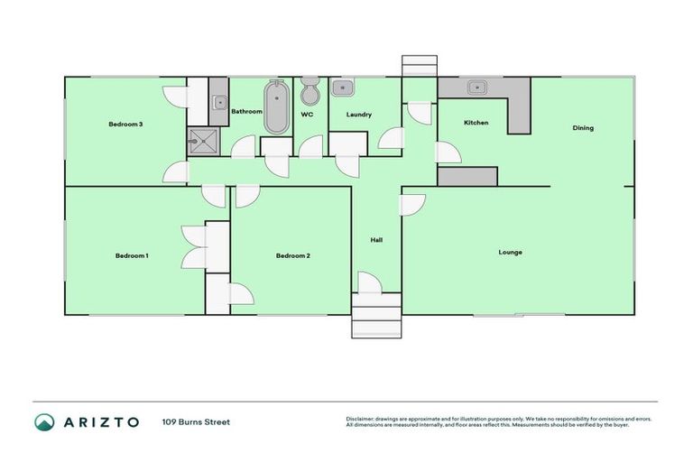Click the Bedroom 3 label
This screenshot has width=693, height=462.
click(x=125, y=125)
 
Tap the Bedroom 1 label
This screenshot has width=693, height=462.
click(x=132, y=255)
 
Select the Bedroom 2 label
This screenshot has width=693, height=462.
click(x=292, y=255)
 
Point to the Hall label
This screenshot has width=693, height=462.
click(x=376, y=240)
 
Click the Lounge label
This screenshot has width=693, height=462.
click(x=510, y=252)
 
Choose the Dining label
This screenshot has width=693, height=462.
click(x=583, y=128)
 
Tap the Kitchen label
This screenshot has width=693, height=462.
click(x=476, y=123)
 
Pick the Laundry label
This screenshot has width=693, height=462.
click(x=358, y=115)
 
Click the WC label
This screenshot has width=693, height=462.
click(x=307, y=115)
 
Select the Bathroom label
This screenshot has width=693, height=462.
click(x=245, y=112)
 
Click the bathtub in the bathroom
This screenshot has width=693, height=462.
click(x=275, y=107)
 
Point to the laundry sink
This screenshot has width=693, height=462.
click(x=343, y=88)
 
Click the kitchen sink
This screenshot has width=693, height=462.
click(x=477, y=88)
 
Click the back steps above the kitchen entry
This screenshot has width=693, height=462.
click(x=419, y=66)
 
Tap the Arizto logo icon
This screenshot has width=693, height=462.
click(x=43, y=421)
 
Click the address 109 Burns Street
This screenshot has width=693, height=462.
click(x=196, y=421)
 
